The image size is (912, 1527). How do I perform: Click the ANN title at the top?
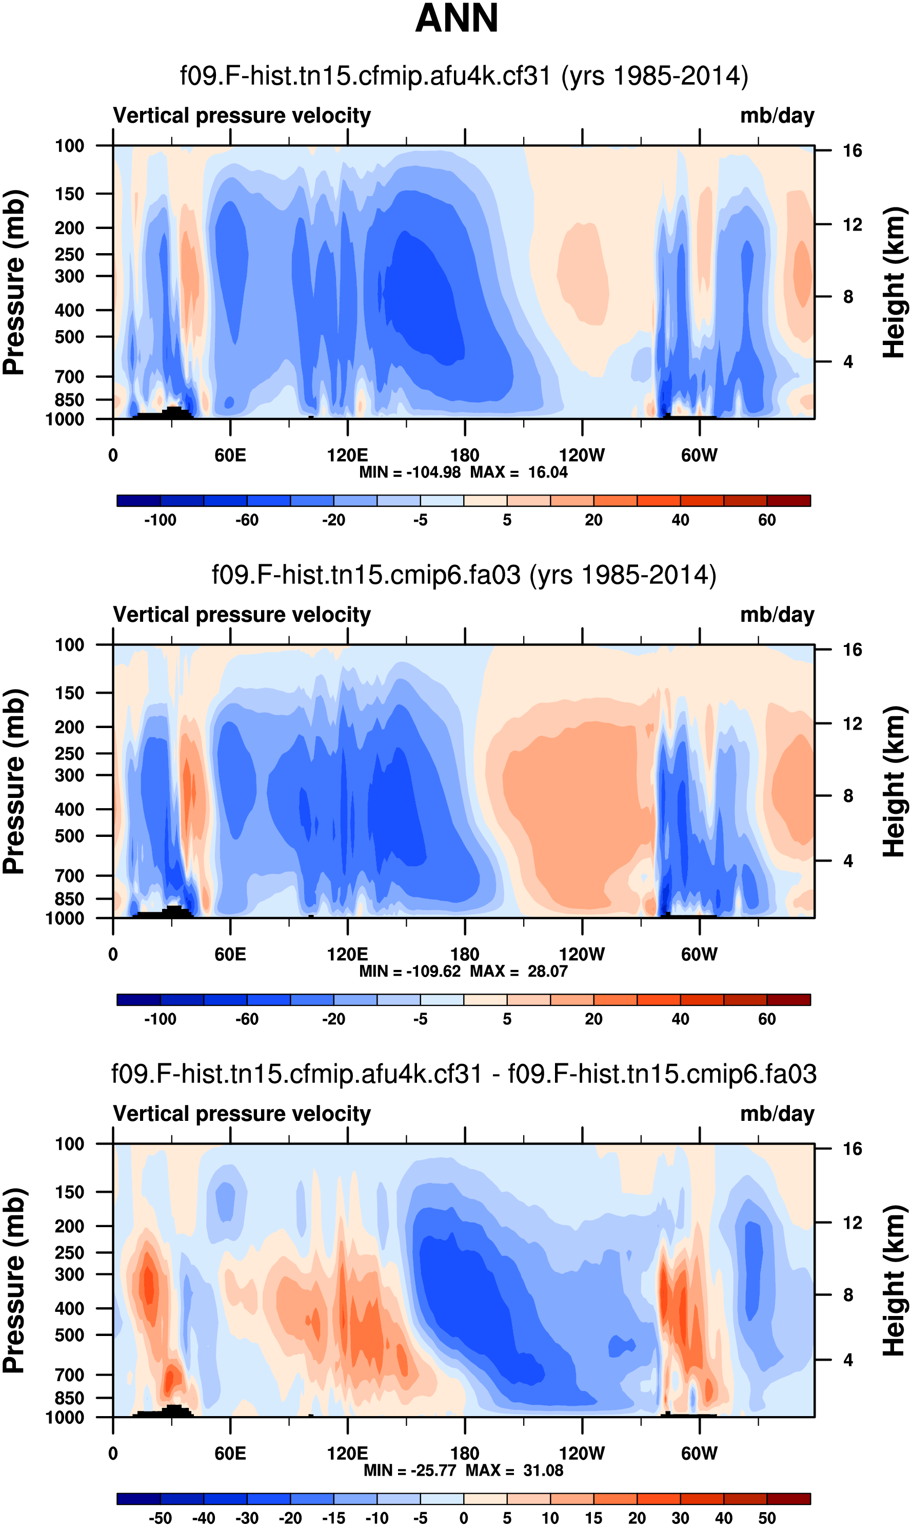point(456,18)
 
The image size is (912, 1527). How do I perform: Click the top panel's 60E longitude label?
point(230,456)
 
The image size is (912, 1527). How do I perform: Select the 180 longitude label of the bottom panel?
point(465,1453)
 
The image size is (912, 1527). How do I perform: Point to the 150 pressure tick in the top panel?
point(69,194)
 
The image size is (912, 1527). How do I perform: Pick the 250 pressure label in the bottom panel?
point(69,1253)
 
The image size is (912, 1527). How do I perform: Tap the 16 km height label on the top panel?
point(852,150)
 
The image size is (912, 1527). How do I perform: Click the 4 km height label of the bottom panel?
point(848,1360)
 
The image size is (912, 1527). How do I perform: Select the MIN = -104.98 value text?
point(410,472)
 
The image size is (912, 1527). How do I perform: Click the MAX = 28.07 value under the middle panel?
point(519,971)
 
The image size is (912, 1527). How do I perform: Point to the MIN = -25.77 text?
point(412,1470)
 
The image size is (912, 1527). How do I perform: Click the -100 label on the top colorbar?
point(160,520)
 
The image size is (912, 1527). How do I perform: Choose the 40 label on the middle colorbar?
point(680,1019)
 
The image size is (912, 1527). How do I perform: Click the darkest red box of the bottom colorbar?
point(788,1499)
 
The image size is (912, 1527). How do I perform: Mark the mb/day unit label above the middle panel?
point(777,615)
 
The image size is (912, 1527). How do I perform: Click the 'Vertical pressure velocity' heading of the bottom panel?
point(242,1114)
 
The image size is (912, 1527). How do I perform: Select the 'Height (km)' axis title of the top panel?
point(894,283)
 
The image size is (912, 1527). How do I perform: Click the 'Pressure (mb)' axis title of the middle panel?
point(13,781)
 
